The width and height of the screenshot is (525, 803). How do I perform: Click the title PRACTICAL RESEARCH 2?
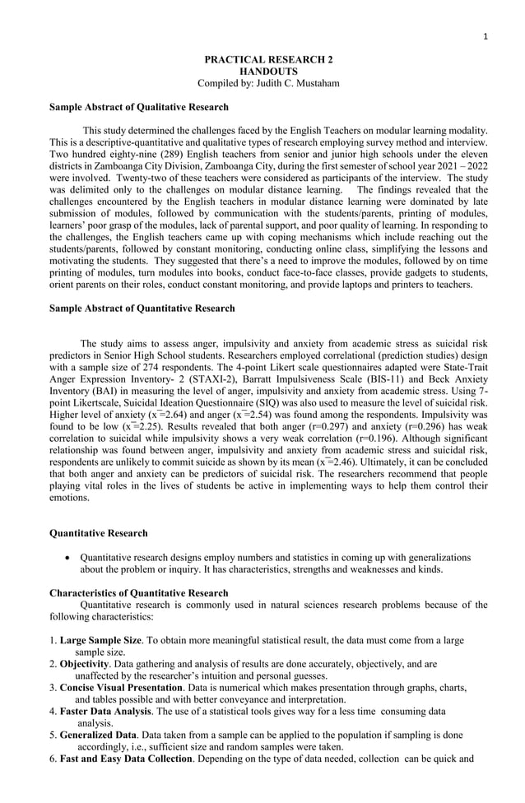[268, 60]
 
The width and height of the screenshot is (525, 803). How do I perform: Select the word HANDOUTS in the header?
[268, 72]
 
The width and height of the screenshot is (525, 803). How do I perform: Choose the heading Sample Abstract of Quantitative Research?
[142, 309]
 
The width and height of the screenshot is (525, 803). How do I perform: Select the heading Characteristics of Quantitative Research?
[139, 593]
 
